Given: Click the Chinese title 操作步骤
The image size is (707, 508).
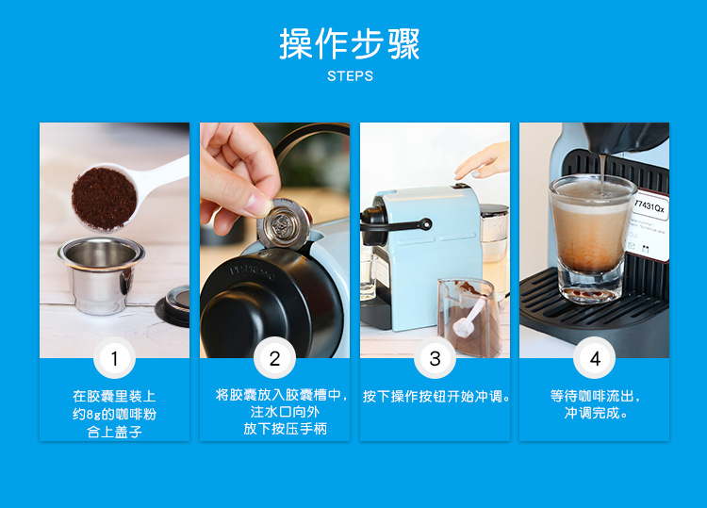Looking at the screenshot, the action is [350, 43].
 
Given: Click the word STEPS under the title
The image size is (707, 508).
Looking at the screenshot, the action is [351, 76].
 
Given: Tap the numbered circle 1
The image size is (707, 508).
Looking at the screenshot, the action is [114, 358].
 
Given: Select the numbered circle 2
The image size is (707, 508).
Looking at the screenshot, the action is [274, 358].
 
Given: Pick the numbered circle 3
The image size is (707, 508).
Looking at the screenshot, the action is [435, 358].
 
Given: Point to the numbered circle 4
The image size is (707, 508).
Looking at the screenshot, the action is [595, 358].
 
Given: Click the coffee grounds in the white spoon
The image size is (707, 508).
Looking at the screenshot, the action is [104, 198].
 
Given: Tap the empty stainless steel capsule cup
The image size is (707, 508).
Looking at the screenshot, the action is [101, 274].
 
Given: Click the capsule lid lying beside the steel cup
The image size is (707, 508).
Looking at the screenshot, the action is [173, 305].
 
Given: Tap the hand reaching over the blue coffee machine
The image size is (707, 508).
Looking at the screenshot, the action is [484, 161].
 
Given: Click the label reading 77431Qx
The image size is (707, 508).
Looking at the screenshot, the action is [649, 207].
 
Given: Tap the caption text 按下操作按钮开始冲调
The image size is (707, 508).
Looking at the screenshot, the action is [436, 396].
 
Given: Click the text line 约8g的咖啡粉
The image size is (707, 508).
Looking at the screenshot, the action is [114, 414].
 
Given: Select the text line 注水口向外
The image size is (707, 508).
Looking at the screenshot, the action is [285, 412].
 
